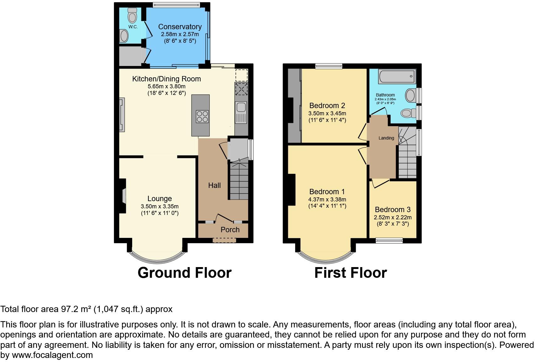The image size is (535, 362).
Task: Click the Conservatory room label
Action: click(x=180, y=27)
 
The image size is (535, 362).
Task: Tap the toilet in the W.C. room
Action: click(x=132, y=15)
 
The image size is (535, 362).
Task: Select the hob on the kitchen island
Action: click(x=203, y=116)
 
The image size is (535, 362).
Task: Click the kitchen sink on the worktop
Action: click(x=241, y=107)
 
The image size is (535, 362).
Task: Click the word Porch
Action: click(x=230, y=230)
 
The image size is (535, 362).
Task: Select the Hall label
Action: click(x=214, y=185)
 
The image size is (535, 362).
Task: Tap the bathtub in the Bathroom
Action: click(x=397, y=76)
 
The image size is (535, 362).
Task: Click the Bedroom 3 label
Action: click(x=392, y=210)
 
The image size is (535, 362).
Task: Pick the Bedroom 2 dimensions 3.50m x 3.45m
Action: click(x=327, y=113)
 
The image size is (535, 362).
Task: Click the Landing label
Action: click(x=386, y=138)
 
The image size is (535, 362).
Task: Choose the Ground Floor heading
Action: click(x=185, y=273)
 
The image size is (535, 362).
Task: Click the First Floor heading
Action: click(x=350, y=273)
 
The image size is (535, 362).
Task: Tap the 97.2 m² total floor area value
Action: click(x=75, y=309)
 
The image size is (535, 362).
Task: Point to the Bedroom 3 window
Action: click(x=389, y=241)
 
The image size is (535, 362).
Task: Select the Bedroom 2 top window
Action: click(x=329, y=66)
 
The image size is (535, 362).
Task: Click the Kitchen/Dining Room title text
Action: click(x=166, y=79)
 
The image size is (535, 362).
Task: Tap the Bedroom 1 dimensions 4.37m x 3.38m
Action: click(x=327, y=200)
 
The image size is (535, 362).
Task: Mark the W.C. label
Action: click(x=133, y=27)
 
